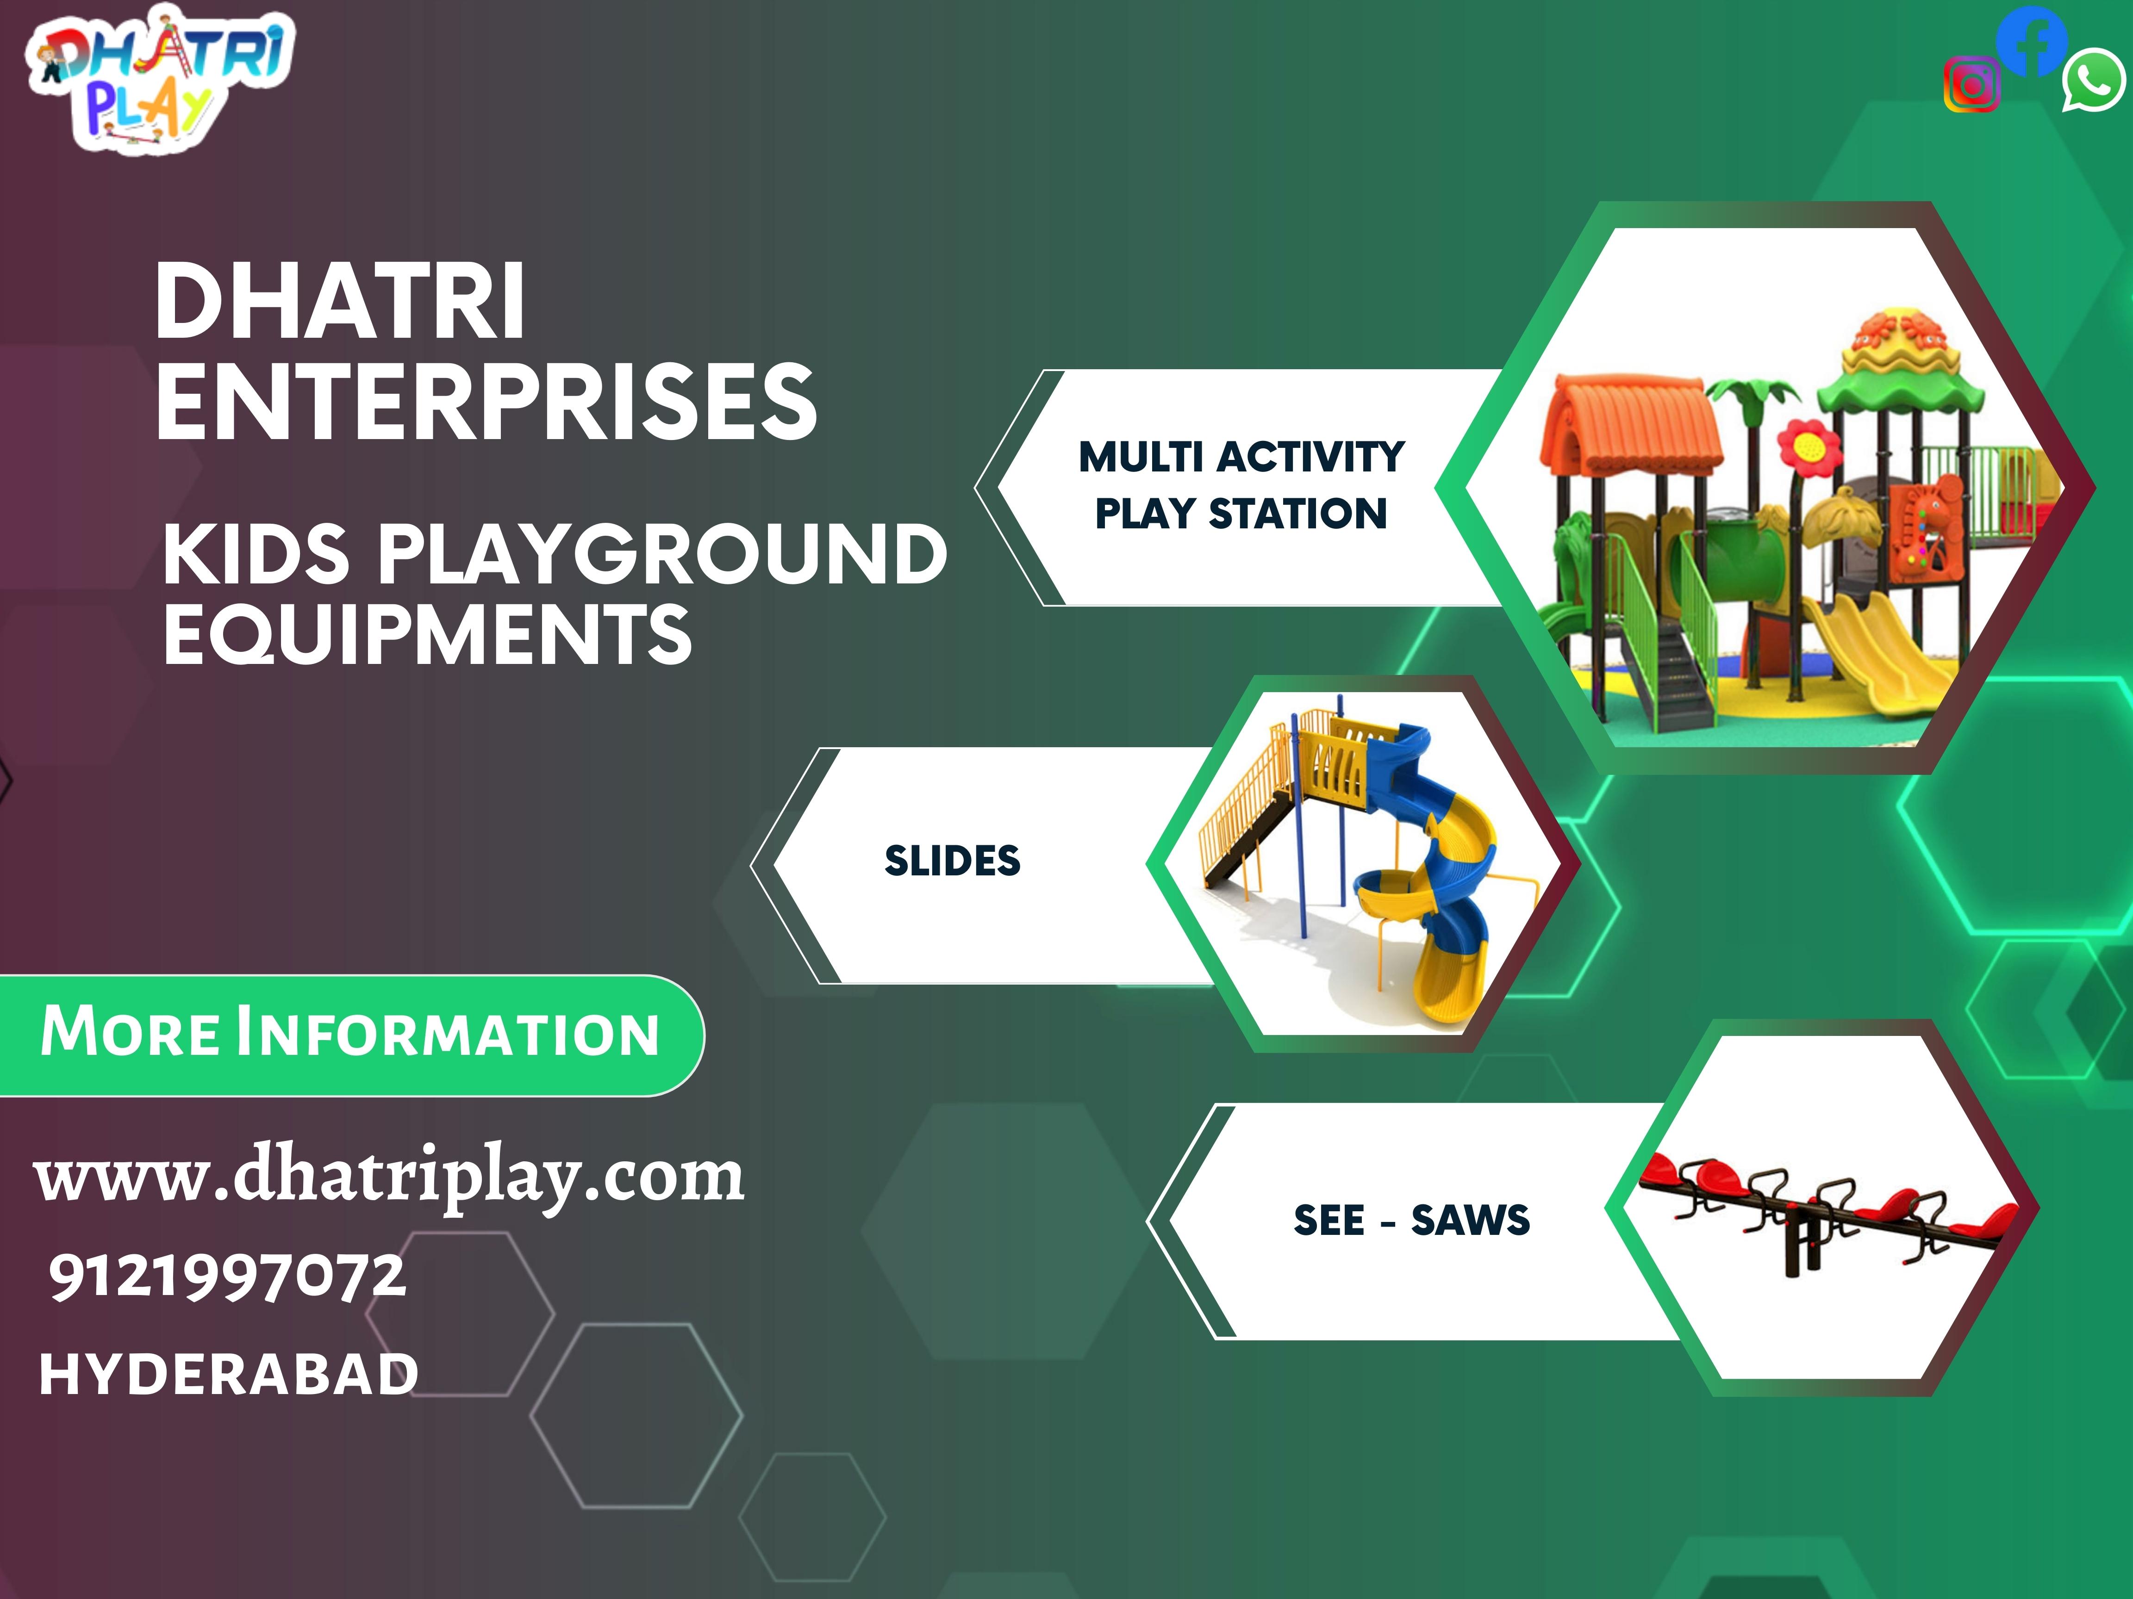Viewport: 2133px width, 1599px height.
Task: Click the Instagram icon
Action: point(1972,85)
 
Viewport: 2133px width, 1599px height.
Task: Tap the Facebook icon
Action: point(2031,40)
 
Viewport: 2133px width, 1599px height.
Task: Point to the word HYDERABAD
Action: point(229,1374)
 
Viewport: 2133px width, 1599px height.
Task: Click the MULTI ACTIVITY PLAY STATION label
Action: point(1241,485)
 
